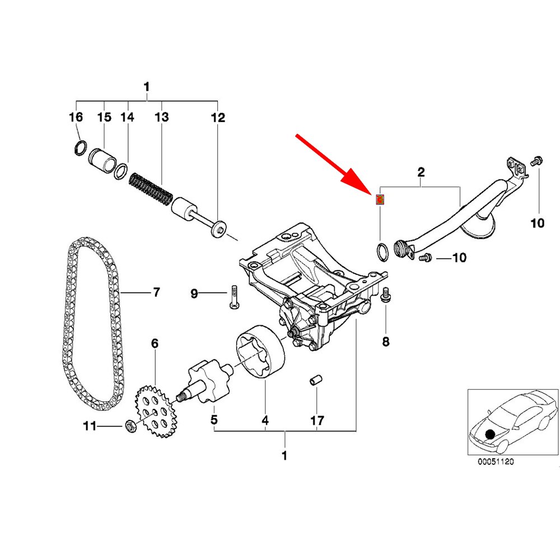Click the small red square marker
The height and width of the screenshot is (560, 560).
[380, 199]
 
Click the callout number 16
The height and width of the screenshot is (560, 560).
[76, 117]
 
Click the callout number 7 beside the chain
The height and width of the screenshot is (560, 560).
[156, 292]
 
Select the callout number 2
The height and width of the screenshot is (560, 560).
[421, 172]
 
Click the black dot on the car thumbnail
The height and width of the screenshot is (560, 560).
[491, 433]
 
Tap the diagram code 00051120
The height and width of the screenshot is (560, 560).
[495, 462]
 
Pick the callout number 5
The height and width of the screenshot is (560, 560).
[214, 419]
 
